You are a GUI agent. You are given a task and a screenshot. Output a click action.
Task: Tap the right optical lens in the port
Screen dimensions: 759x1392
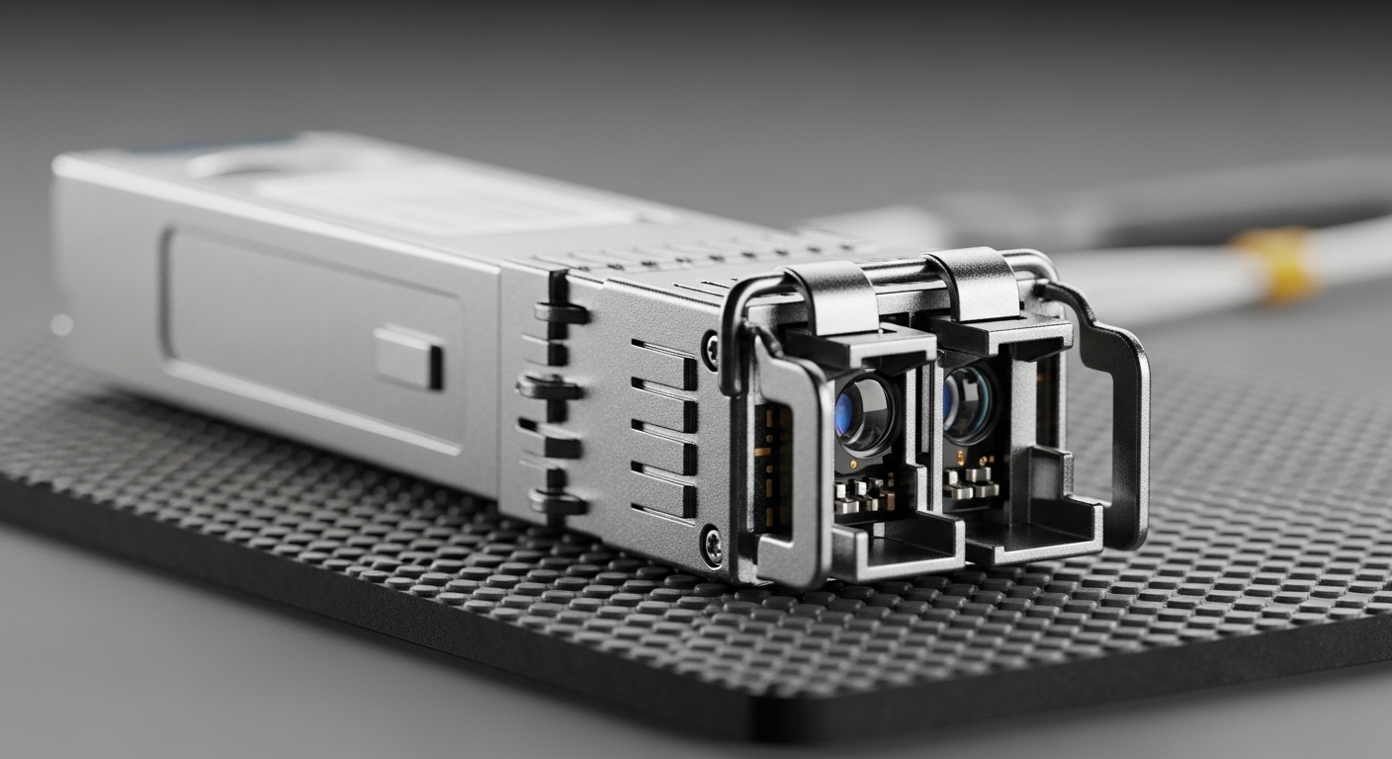pos(966,402)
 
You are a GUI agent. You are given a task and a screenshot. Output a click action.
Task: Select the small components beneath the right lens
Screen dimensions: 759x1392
pos(968,480)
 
